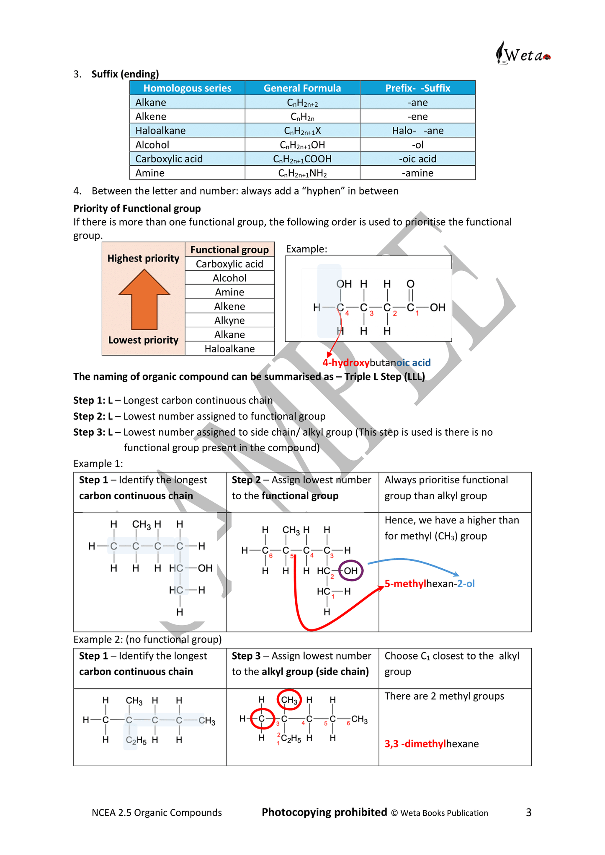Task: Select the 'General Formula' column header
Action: coord(302,88)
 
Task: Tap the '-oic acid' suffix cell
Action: coord(417,159)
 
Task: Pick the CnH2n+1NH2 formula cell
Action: coord(302,173)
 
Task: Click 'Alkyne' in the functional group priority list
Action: coord(229,321)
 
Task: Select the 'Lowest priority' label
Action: coord(143,340)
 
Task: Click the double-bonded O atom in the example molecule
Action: coord(410,284)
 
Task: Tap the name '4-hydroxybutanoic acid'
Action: coord(376,363)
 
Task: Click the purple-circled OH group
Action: coord(350,570)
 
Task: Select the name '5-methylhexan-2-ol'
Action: coord(429,584)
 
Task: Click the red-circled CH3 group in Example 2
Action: coord(289,700)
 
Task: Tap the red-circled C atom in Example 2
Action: coord(262,719)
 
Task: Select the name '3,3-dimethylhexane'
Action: coord(431,744)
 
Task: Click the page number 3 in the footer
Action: coord(528,812)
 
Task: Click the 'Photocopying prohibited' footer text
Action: coord(324,812)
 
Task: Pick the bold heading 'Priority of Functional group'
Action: coord(137,208)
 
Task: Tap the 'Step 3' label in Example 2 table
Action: coord(246,656)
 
